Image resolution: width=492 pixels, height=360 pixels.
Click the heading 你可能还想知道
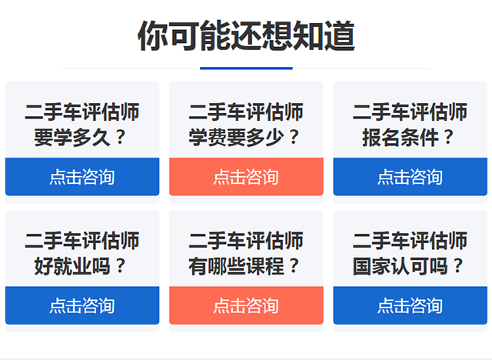(x=246, y=35)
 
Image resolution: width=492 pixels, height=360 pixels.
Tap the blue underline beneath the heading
(x=246, y=68)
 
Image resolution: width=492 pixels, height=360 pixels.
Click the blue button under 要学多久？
(x=82, y=177)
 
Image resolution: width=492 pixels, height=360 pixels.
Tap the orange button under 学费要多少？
(x=246, y=177)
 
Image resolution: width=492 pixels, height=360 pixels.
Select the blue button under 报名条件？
(x=410, y=177)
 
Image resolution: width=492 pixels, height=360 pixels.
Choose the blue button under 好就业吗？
(x=82, y=305)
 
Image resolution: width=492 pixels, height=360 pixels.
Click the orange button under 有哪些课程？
(x=246, y=305)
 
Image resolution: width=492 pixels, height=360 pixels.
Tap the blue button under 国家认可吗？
(x=410, y=305)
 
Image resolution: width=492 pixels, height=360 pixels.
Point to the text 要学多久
(x=72, y=138)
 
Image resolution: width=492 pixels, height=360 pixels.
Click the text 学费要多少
(x=236, y=138)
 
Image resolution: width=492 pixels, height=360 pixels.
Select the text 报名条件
(x=400, y=138)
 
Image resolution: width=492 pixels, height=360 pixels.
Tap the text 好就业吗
(x=72, y=266)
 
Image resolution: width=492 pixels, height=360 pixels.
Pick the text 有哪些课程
(x=236, y=266)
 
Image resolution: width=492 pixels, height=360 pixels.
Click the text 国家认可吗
(x=400, y=266)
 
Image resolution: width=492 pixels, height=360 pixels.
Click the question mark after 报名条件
(x=449, y=138)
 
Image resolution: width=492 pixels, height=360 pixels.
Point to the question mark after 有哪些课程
(x=294, y=266)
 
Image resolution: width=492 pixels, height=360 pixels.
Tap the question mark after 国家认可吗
(x=458, y=266)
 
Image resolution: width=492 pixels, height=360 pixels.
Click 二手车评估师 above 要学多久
(x=82, y=112)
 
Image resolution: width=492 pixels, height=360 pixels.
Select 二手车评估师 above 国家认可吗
(x=410, y=241)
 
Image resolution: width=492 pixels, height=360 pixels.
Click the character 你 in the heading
(x=153, y=35)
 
